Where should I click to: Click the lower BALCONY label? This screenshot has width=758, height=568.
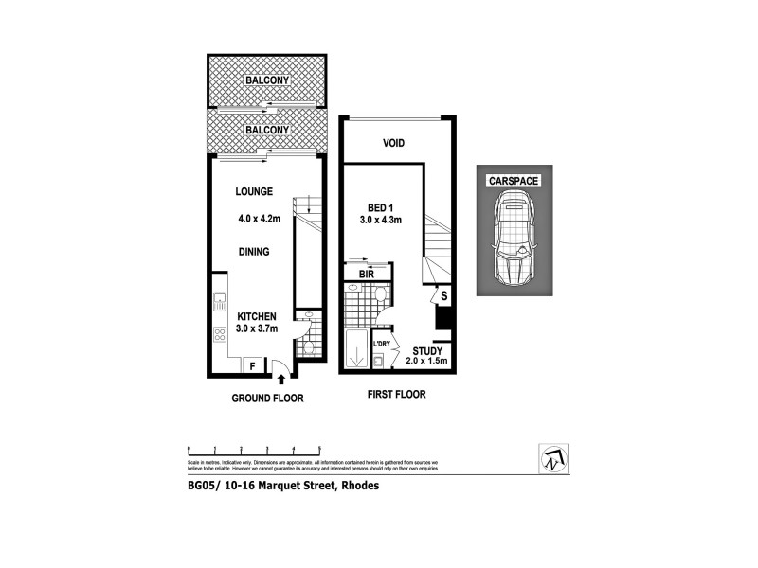(266, 129)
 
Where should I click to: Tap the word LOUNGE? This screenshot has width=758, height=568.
(255, 191)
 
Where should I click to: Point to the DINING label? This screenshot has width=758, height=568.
(254, 252)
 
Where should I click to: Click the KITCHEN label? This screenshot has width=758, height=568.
(256, 316)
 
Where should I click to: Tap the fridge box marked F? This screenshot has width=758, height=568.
(253, 365)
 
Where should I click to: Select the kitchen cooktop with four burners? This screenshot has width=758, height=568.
(219, 333)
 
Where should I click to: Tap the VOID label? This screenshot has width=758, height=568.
(394, 144)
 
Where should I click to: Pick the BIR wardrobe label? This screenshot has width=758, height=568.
(366, 275)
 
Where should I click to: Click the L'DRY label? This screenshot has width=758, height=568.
(383, 344)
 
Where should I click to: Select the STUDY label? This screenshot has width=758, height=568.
(427, 350)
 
